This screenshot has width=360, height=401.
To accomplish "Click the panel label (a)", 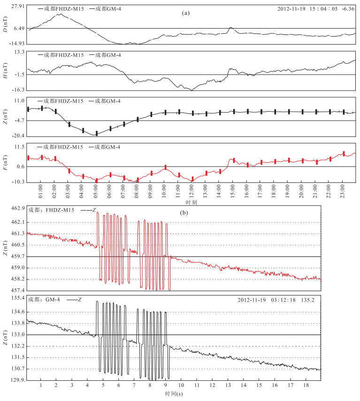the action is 186,13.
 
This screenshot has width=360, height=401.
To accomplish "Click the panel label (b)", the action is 184,213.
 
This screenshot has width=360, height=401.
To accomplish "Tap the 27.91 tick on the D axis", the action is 18,6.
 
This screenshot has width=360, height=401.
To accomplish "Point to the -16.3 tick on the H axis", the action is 18,90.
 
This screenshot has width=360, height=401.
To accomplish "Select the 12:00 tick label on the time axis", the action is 191,191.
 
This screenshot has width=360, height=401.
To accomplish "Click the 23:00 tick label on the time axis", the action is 342,191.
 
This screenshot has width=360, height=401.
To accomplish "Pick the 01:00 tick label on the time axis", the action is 40,191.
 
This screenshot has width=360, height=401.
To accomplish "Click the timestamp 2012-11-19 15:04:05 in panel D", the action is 307,9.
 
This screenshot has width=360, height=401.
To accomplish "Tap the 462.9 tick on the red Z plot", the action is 18,208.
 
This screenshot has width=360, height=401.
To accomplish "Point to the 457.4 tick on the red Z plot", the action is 18,290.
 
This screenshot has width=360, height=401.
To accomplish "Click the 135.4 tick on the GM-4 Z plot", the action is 18,298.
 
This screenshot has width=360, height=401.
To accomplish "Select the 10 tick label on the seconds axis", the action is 181,385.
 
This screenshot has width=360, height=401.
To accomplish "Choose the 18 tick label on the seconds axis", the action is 306,385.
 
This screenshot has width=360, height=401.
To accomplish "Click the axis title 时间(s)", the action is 174,394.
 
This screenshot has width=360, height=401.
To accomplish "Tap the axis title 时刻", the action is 191,203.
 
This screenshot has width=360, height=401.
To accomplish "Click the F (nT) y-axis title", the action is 5,162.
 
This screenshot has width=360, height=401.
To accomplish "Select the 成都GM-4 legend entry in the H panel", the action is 105,55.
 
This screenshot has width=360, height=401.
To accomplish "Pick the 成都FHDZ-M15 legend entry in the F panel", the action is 60,147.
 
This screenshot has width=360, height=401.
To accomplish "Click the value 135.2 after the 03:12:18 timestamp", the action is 308,300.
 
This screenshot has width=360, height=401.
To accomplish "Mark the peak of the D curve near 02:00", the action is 60,14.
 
